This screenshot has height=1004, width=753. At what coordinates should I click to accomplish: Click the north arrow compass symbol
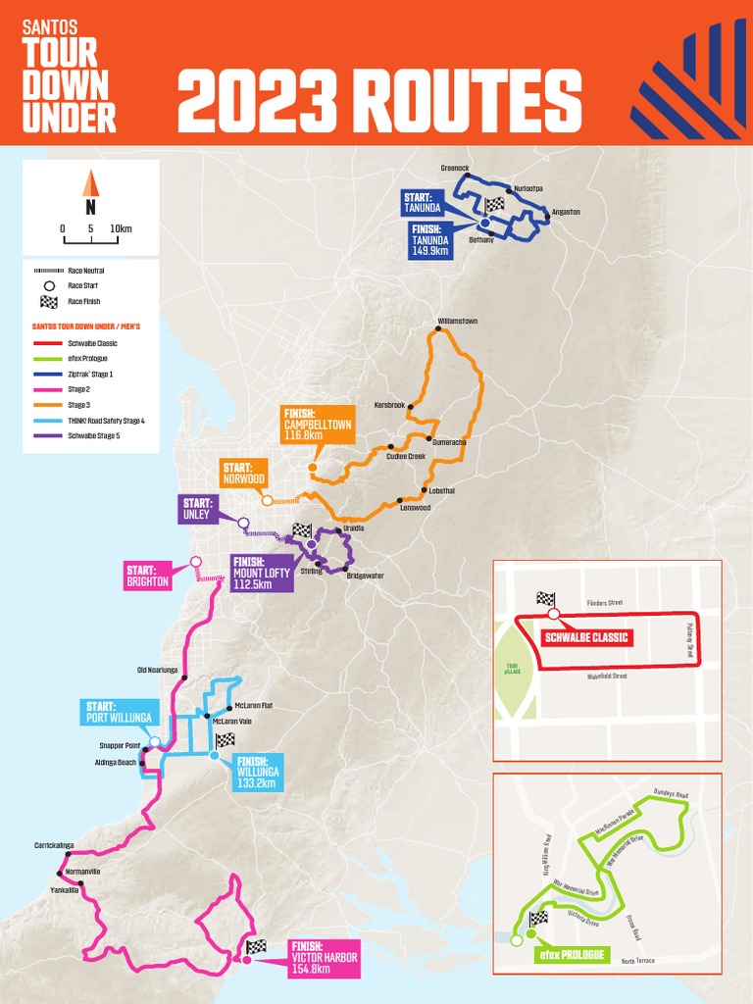90,183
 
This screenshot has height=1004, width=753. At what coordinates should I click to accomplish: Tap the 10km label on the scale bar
121,228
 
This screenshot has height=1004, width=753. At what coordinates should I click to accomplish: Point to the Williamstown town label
457,322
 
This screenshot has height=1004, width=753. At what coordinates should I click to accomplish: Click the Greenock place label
455,169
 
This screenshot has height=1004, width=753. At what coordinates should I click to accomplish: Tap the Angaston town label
566,212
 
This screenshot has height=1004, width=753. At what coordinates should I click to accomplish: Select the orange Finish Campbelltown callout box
316,423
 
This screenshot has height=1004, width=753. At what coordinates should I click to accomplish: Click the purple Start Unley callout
197,509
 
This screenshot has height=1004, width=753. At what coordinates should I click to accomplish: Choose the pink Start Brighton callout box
147,576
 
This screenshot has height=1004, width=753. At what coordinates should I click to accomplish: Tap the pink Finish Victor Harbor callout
324,957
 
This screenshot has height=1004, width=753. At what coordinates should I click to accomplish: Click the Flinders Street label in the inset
604,603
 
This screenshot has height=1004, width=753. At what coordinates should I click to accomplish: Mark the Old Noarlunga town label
157,671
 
